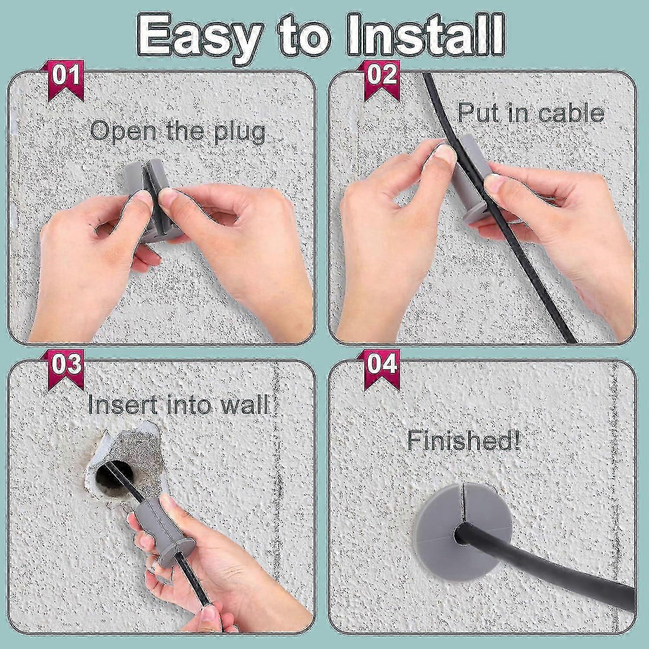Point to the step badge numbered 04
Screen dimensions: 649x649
(x=382, y=364)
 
